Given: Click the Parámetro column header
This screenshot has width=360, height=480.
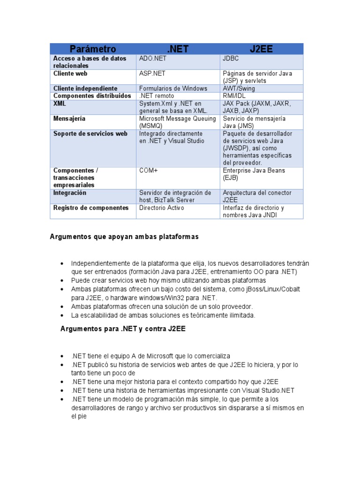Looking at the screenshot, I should pos(93,49).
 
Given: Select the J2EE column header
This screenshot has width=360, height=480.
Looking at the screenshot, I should pos(262,49).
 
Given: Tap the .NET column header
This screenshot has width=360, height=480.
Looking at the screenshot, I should pos(178,49).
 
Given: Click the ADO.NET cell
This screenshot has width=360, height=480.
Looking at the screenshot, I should pos(153,59).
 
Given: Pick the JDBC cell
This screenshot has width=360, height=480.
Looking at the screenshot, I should pos(231,59).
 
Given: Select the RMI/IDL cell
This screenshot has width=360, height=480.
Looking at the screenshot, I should pos(234,96).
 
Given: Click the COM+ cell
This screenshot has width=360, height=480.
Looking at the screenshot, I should pos(149,171).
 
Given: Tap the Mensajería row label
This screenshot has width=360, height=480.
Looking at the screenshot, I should pos(69,119).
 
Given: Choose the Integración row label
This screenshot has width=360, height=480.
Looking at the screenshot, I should pos(70,193).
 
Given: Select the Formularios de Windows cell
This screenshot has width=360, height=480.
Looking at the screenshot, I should pos(173,89).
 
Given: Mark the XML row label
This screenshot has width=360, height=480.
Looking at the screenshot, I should pos(60,104).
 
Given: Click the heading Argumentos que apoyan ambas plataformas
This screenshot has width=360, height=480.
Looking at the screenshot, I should pos(124,237).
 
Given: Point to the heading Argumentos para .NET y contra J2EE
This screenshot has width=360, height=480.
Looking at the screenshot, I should pos(123,329).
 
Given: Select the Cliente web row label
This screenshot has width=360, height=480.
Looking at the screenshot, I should pos(70,74).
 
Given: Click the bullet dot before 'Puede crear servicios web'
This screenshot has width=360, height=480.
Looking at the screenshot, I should pos(62,280).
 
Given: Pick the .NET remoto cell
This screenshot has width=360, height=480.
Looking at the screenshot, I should pos(157,96).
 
